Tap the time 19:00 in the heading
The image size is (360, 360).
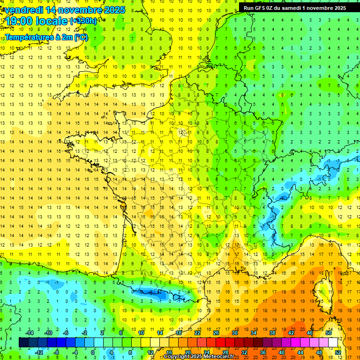pos(20,21)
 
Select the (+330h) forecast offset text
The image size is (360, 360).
pos(83,21)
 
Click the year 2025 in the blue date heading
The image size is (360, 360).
pos(114,10)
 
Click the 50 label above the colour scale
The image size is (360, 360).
pos(329,333)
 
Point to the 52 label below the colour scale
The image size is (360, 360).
pos(338,352)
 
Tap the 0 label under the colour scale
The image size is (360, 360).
pos(93,352)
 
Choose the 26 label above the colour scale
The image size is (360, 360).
pos(216,333)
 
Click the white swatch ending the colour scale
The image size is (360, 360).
pos(333,342)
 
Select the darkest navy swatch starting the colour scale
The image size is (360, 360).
pos(23,342)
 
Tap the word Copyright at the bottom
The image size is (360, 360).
pos(176,357)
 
